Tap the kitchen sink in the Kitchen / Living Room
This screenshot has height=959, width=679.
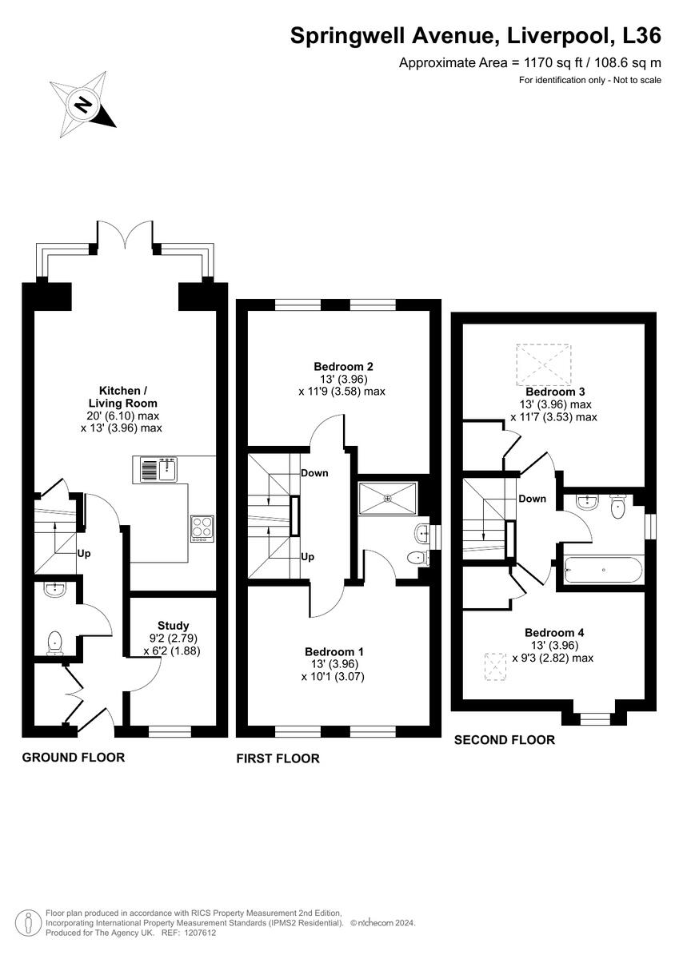158,470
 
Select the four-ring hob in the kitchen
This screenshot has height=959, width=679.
202,528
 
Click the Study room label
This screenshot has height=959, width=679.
173,626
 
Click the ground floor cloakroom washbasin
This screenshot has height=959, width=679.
54,591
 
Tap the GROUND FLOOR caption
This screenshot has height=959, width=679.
73,757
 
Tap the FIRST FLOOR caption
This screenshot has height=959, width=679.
278,758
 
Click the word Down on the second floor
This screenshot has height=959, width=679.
532,499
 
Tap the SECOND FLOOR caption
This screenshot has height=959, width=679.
504,740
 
